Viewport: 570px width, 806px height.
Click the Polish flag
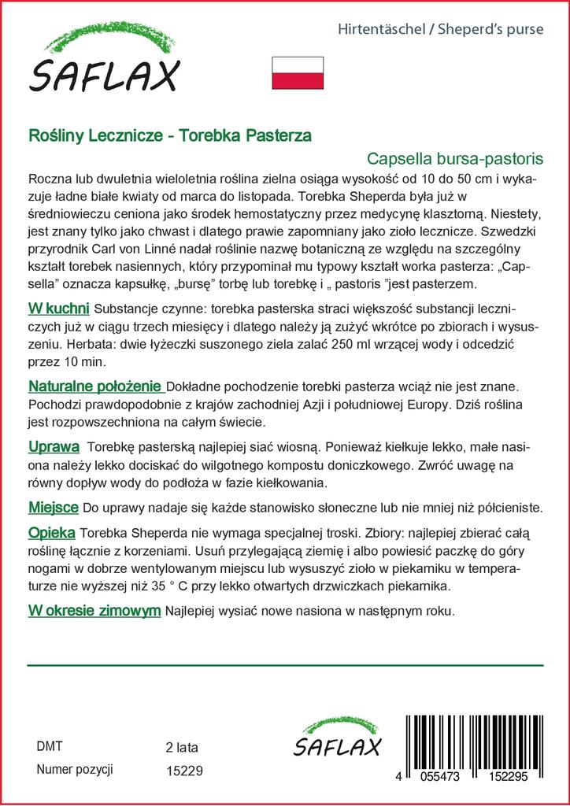298,72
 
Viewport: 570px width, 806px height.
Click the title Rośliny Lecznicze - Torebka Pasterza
169,135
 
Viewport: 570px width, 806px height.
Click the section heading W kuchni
58,307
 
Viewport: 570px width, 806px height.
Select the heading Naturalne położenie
95,387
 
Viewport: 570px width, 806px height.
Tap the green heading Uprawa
53,447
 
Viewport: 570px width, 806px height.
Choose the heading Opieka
51,531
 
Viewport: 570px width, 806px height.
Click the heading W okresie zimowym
94,611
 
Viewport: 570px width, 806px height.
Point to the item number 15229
184,771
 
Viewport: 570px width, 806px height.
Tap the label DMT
50,746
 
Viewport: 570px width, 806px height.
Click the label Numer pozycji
76,769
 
